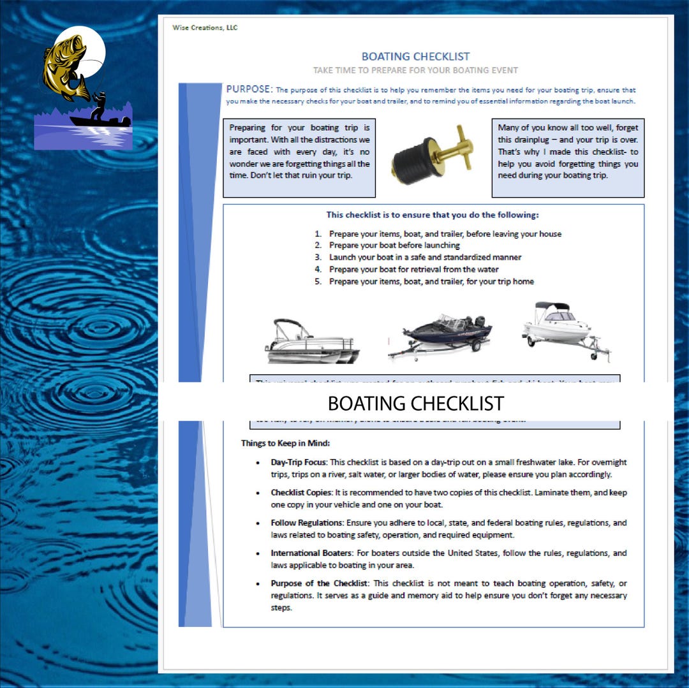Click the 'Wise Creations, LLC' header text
pos(205,27)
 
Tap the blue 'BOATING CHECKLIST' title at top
pos(415,57)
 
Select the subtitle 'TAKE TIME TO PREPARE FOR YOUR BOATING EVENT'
pos(415,70)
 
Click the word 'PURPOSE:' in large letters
pos(249,89)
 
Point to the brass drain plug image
pos(433,157)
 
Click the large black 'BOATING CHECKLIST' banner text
pos(415,404)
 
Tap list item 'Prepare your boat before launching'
pos(394,245)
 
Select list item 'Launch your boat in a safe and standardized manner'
pos(425,258)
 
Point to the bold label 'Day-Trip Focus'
pos(298,462)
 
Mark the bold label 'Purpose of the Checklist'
pos(320,583)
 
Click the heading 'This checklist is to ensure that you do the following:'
pos(433,216)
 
